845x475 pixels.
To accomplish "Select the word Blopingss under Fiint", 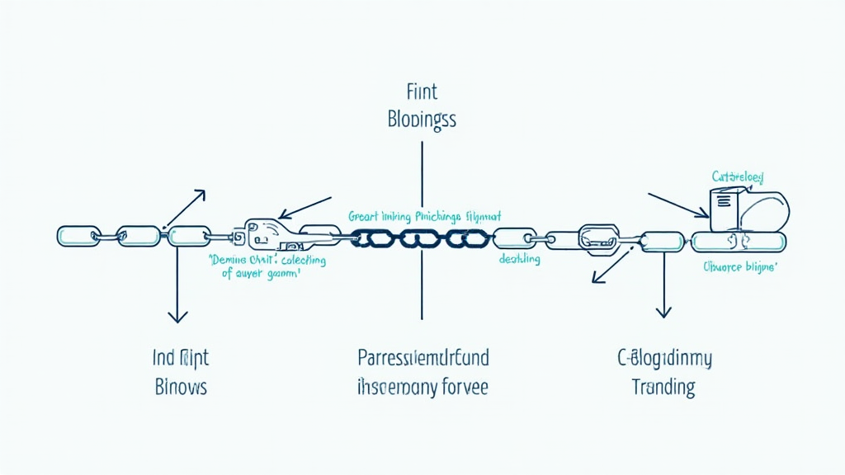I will coord(421,119).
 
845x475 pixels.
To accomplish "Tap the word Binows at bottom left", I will coord(181,386).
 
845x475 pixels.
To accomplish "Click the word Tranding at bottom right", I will coord(663,386).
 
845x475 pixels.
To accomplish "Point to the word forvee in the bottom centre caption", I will coord(460,386).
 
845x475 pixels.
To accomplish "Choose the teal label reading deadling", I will coord(520,259).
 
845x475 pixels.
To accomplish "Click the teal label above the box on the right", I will coord(738,176).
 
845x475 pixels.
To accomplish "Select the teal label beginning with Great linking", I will coord(424,216).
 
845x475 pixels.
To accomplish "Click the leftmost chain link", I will coord(78,236).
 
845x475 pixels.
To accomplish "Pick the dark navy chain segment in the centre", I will coord(422,238).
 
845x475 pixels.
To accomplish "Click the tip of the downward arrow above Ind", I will coord(175,319).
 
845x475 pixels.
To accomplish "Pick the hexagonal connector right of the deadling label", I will coord(597,237).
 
